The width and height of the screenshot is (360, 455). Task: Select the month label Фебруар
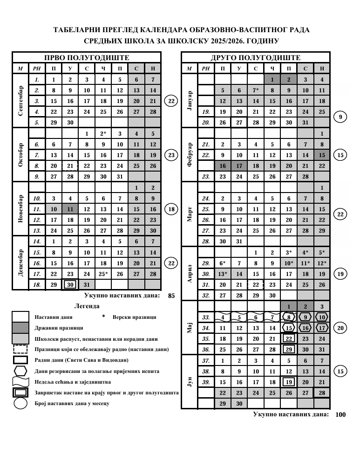pyautogui.click(x=189, y=151)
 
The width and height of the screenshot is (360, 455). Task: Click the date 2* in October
pyautogui.click(x=103, y=134)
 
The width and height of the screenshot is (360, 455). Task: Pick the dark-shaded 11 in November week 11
pyautogui.click(x=70, y=209)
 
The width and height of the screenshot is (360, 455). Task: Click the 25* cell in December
pyautogui.click(x=103, y=274)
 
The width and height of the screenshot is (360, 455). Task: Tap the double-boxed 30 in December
pyautogui.click(x=70, y=284)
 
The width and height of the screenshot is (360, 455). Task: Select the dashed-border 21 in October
pyautogui.click(x=70, y=166)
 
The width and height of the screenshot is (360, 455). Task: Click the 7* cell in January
pyautogui.click(x=255, y=90)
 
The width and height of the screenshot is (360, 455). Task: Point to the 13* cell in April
pyautogui.click(x=223, y=274)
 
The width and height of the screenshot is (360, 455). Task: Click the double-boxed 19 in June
pyautogui.click(x=289, y=382)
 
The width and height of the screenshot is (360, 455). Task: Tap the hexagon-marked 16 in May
pyautogui.click(x=305, y=328)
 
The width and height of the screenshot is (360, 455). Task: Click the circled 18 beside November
pyautogui.click(x=171, y=209)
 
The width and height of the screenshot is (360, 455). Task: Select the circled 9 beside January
pyautogui.click(x=340, y=117)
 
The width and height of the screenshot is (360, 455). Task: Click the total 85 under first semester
pyautogui.click(x=171, y=296)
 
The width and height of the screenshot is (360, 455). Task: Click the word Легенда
pyautogui.click(x=87, y=306)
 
